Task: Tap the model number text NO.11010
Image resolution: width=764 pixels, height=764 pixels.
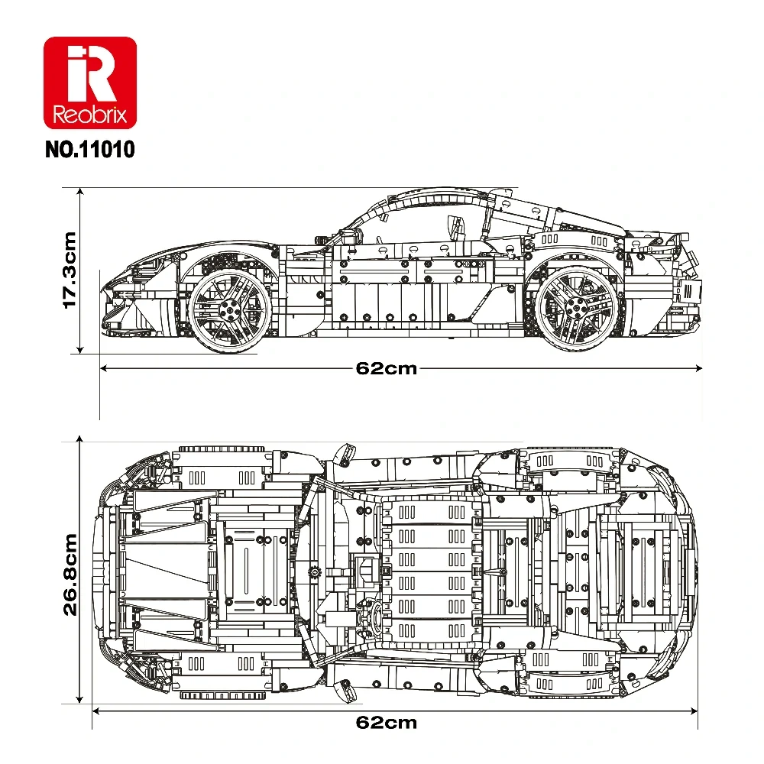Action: (x=90, y=148)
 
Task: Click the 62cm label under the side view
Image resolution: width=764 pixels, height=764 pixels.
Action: (x=387, y=368)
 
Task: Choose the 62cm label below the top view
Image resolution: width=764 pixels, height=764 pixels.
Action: (x=387, y=722)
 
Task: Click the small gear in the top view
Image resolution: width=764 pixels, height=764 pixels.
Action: (x=314, y=571)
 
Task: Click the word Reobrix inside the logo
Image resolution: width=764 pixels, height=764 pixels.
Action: (x=90, y=116)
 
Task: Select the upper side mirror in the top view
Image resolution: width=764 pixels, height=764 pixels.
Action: (x=341, y=455)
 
